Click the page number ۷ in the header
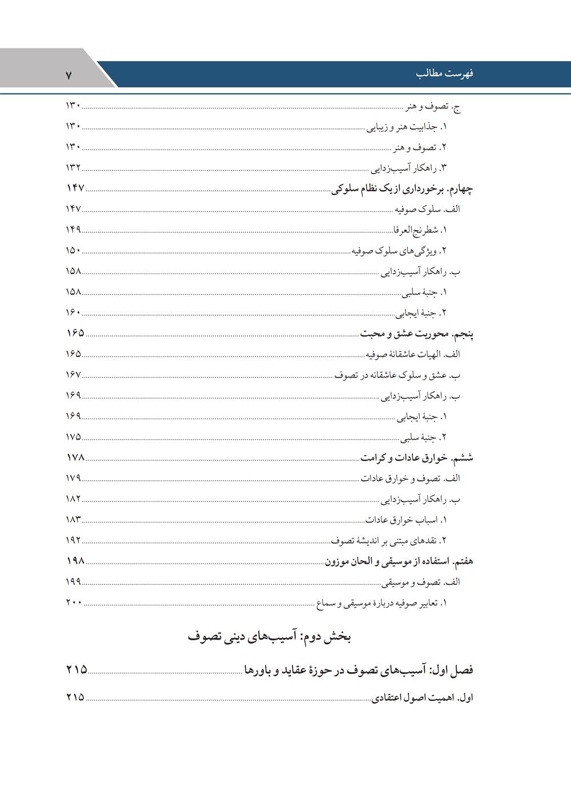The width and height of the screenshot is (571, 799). point(69,75)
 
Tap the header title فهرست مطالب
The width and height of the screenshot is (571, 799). point(445,74)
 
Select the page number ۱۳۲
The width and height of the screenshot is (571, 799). point(73,167)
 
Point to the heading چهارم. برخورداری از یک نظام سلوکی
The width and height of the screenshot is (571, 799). point(402,188)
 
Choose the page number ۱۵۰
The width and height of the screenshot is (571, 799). point(73,250)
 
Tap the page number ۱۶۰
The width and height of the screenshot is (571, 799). point(73,312)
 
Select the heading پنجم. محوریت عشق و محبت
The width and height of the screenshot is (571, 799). point(416,334)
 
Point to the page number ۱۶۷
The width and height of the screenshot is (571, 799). point(73,375)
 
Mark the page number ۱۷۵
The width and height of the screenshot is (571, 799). point(73,437)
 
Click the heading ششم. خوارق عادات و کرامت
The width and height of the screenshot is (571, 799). point(416,458)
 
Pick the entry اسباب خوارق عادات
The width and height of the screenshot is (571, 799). point(406,520)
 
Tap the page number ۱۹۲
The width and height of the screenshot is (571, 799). point(73,540)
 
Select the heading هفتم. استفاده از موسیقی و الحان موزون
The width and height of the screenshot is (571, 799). point(399,561)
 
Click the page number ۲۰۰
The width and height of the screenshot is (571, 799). point(74,603)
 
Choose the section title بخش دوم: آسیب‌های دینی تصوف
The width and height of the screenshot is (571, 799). point(269,637)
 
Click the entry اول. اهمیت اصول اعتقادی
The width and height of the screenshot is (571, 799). point(423,698)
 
